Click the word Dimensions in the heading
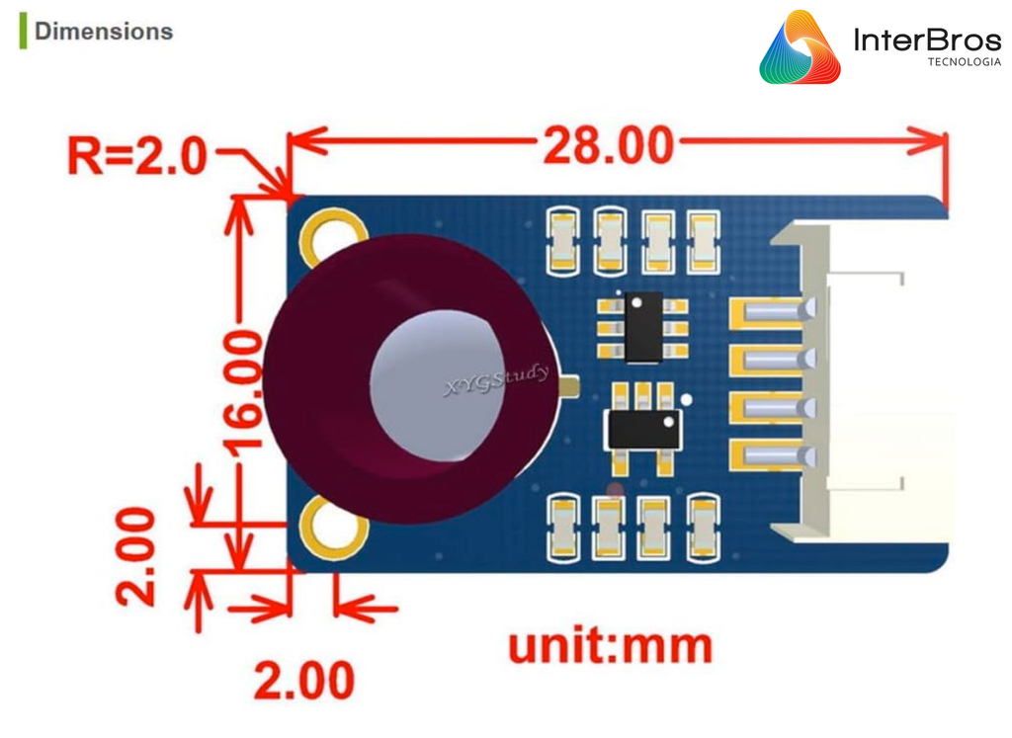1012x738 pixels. [x=103, y=32]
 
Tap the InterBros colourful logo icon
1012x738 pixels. [x=800, y=47]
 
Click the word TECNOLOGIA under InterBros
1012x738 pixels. [x=964, y=62]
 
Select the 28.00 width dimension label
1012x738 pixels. [x=607, y=144]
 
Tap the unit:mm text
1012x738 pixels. [x=610, y=646]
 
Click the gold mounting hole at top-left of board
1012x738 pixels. [x=327, y=233]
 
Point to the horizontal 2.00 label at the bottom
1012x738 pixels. [x=303, y=681]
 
